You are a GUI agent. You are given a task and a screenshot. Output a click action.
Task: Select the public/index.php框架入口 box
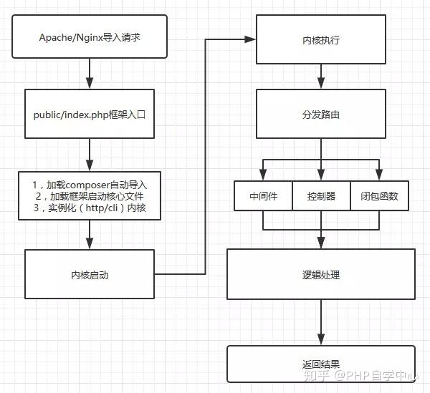[x=89, y=113]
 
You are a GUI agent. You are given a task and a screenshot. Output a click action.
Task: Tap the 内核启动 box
[x=89, y=273]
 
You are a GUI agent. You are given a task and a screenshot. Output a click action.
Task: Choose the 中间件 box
[x=263, y=196]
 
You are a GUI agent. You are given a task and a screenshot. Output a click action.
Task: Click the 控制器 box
[x=321, y=196]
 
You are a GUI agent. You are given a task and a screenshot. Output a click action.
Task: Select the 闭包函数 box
[x=379, y=196]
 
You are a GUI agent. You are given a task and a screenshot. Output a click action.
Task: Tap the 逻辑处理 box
[x=320, y=274]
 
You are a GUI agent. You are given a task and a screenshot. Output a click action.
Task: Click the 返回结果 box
[x=320, y=364]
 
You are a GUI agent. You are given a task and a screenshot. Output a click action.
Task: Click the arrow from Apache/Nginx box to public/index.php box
[x=89, y=74]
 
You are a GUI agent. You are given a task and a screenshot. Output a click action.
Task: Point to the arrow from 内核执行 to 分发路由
[x=320, y=78]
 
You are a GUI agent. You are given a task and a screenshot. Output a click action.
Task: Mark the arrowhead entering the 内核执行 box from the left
[x=253, y=39]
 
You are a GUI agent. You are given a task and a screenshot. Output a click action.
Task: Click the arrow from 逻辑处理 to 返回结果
[x=320, y=322]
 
